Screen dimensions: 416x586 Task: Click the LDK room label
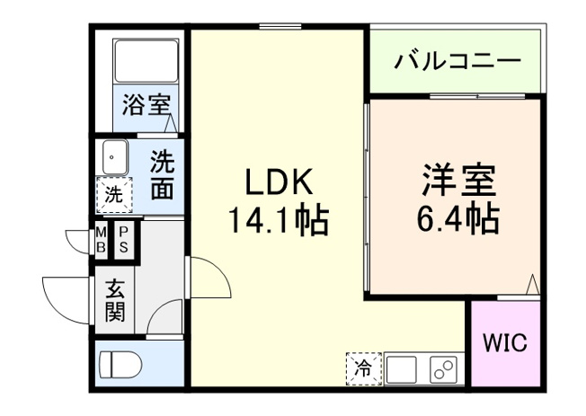click(x=280, y=183)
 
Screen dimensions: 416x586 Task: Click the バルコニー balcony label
click(x=457, y=62)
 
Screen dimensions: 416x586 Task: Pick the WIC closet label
click(x=506, y=343)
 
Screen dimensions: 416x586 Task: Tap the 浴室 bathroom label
click(x=146, y=104)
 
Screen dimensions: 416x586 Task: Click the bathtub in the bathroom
click(x=146, y=60)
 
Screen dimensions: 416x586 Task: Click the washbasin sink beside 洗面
click(x=113, y=158)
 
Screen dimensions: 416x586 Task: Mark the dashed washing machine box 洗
click(x=113, y=192)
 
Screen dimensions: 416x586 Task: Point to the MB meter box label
click(x=101, y=240)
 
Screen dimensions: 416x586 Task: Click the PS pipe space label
click(x=124, y=240)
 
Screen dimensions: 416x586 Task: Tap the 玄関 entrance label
click(x=115, y=302)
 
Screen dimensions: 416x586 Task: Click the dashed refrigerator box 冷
click(x=364, y=367)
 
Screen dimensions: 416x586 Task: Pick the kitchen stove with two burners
click(x=441, y=368)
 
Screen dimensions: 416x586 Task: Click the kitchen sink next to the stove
click(x=401, y=368)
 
